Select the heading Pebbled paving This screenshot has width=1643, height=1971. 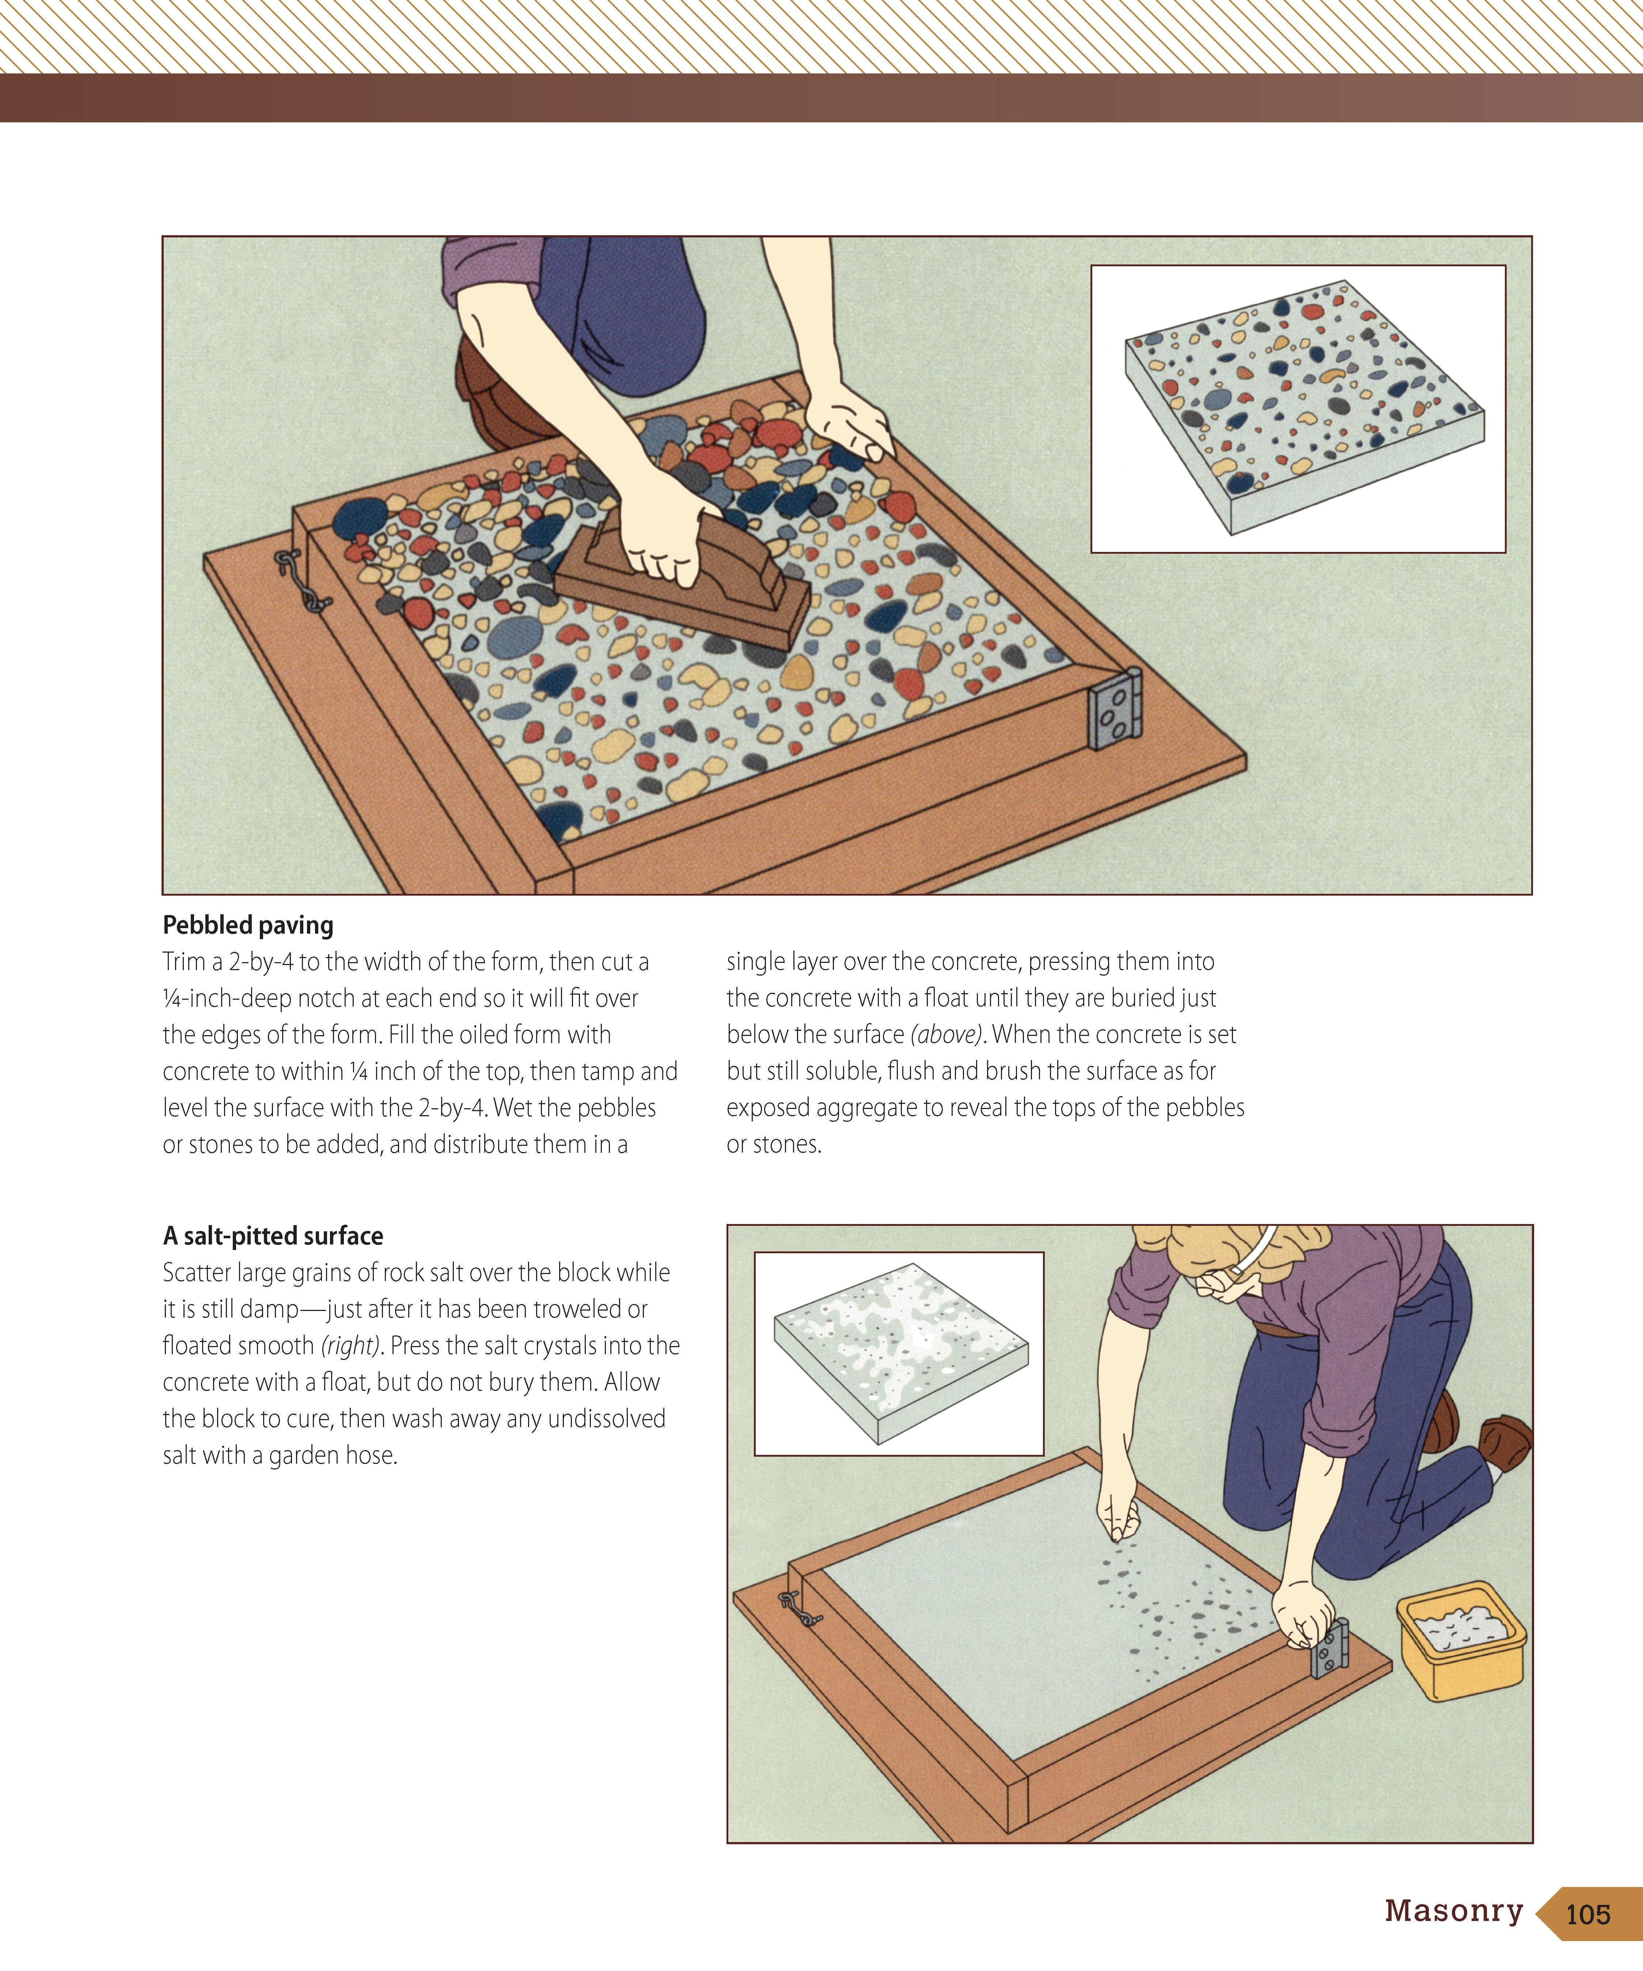click(x=248, y=926)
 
